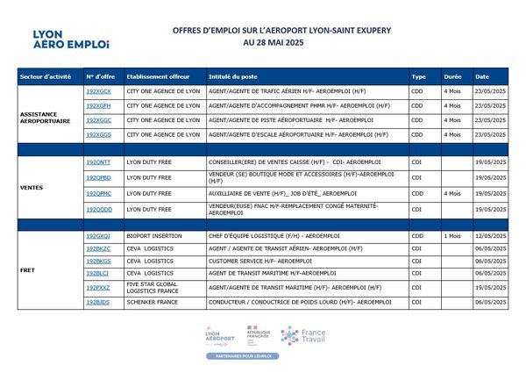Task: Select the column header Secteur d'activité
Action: coord(46,76)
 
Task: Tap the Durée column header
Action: coord(453,76)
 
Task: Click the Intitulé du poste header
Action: coord(232,76)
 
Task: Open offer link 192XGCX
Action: coord(98,91)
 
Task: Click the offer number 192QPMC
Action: coord(98,193)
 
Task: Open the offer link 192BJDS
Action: coord(97,302)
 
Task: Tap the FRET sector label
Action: coord(27,270)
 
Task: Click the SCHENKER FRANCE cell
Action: coord(150,302)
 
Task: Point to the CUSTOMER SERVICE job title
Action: coord(260,262)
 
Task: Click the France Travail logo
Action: coord(302,336)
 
